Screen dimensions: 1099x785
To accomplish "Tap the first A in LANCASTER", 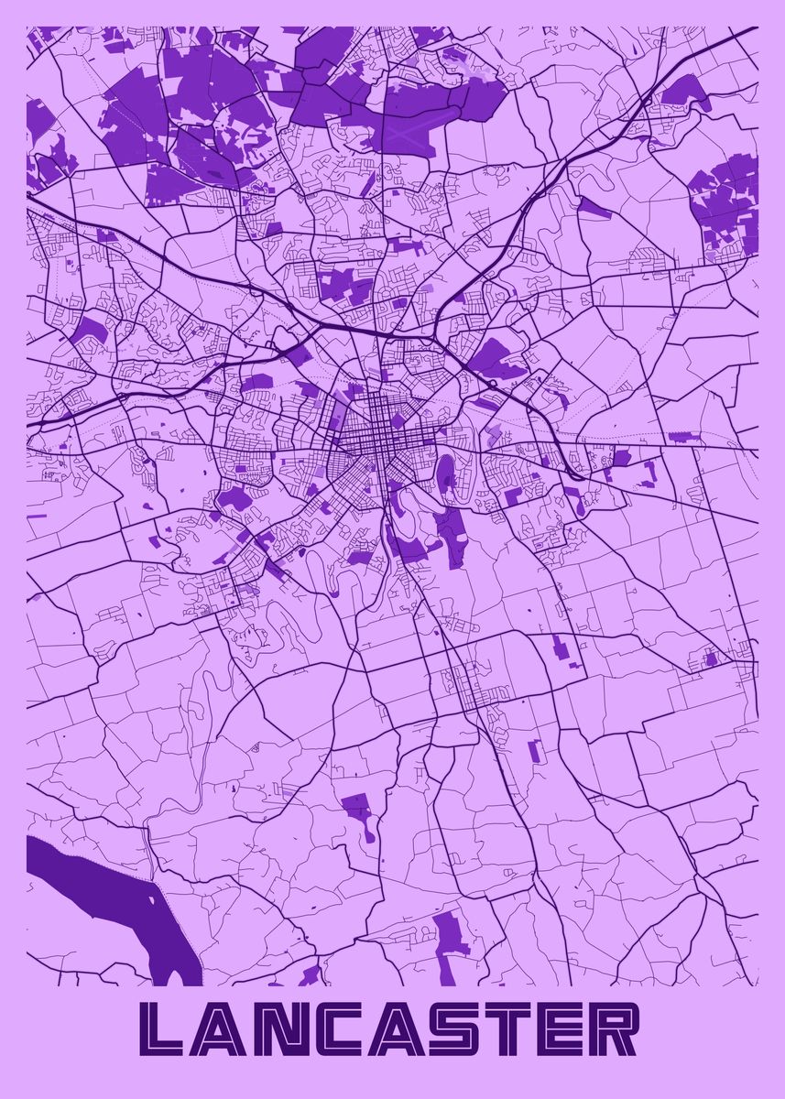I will point(226,1029).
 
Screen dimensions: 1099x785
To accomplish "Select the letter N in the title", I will point(286,1029).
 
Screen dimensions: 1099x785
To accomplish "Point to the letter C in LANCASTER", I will point(346,1029).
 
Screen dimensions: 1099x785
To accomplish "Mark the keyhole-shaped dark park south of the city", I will point(357,811).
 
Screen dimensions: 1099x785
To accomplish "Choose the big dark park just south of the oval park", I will point(449,526).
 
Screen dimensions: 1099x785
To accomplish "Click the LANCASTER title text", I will point(392,1029).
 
